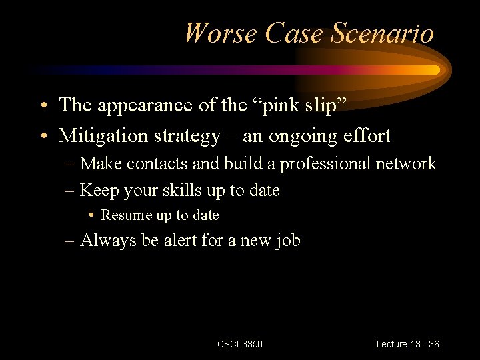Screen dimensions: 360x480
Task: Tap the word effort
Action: (x=367, y=136)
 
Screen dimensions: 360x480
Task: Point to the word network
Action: (x=408, y=163)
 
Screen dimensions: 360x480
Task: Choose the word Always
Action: (x=107, y=241)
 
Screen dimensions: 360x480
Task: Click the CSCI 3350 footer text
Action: (x=240, y=344)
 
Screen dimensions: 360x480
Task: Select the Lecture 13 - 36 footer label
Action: (x=407, y=344)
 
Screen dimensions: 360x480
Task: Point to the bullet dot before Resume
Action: (x=91, y=215)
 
